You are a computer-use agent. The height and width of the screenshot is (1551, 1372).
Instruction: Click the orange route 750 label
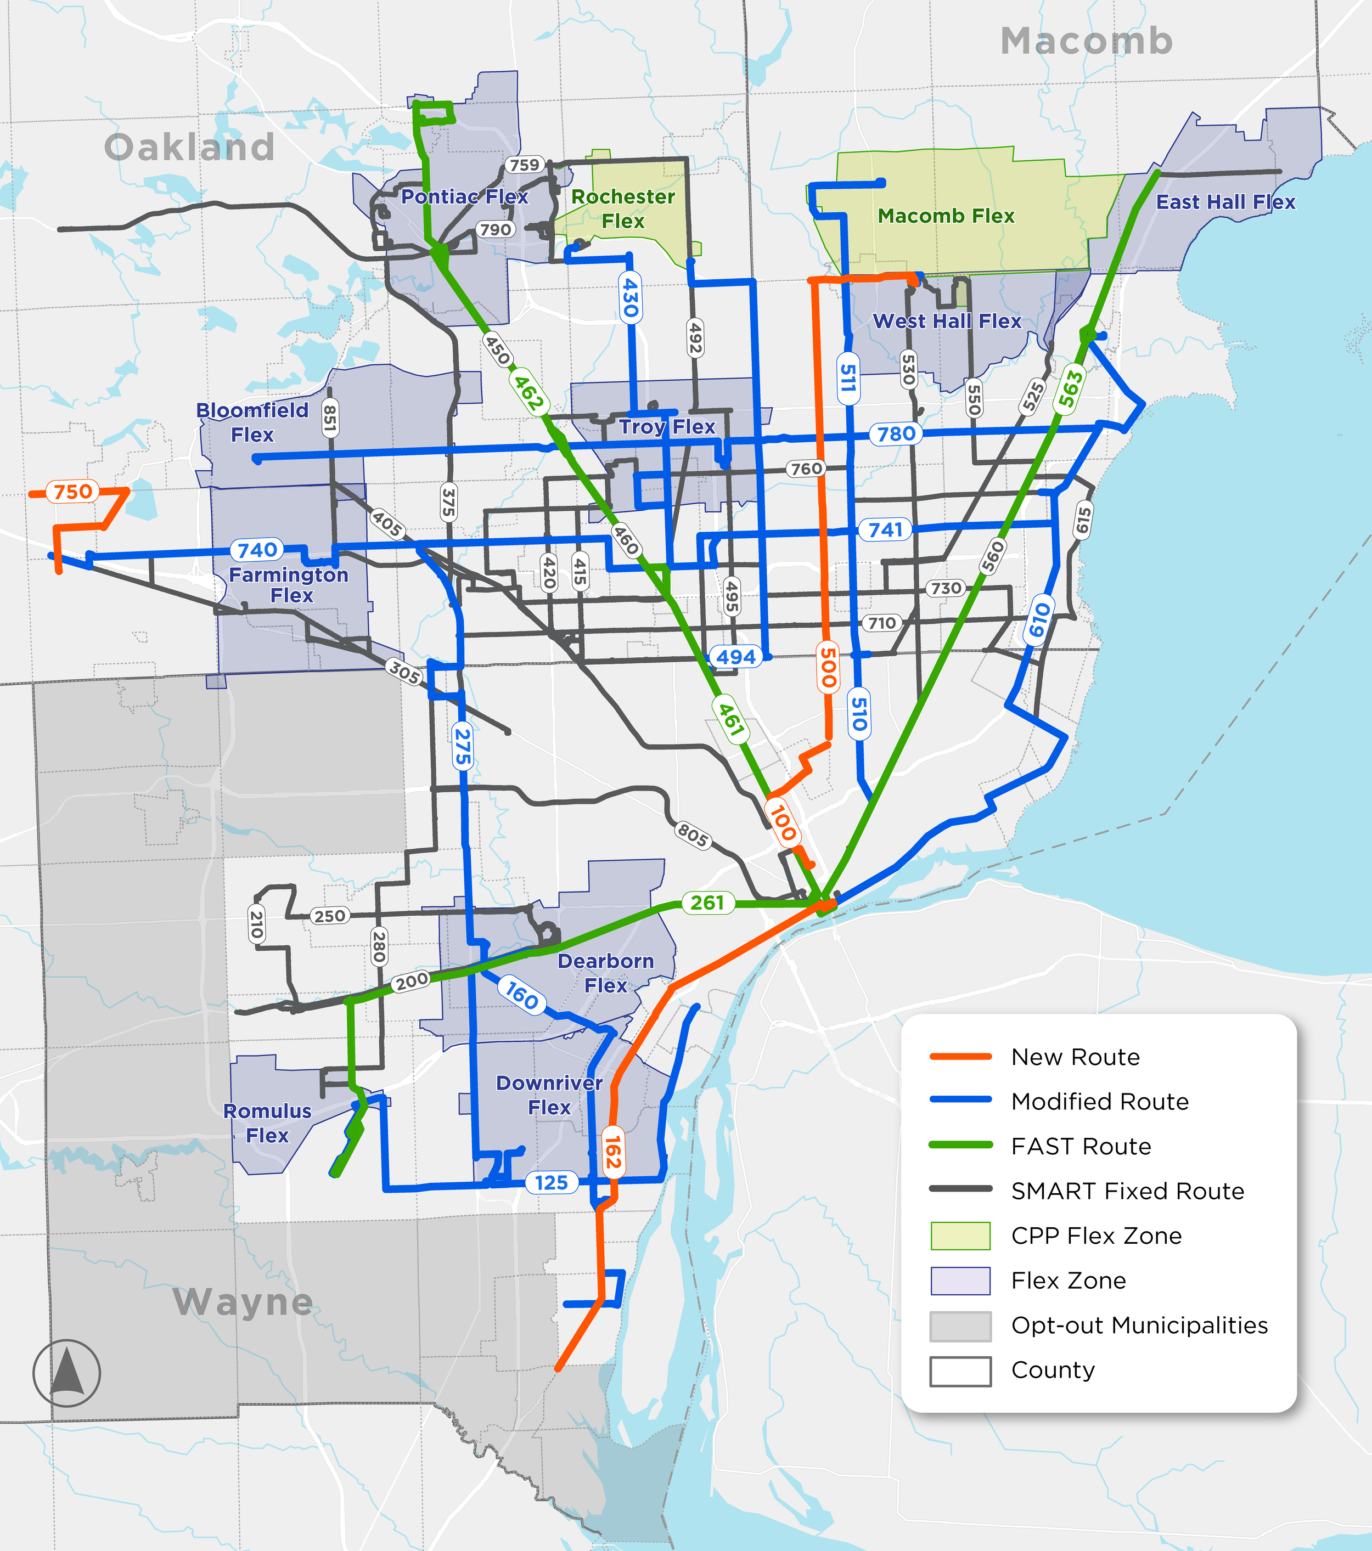pyautogui.click(x=73, y=492)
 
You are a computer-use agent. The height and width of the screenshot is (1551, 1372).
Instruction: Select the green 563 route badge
pyautogui.click(x=1070, y=388)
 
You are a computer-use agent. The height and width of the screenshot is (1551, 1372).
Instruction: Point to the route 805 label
pyautogui.click(x=692, y=834)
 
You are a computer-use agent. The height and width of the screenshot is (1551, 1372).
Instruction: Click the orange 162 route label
pyautogui.click(x=612, y=1153)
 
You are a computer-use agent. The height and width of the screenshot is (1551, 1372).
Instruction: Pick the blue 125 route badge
pyautogui.click(x=551, y=1182)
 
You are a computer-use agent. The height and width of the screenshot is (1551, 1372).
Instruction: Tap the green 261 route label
pyautogui.click(x=707, y=902)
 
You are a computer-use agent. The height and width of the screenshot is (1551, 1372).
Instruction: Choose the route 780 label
pyautogui.click(x=896, y=434)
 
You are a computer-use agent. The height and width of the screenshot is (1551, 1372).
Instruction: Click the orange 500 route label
pyautogui.click(x=828, y=667)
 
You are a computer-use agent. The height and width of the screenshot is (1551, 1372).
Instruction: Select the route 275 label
pyautogui.click(x=462, y=747)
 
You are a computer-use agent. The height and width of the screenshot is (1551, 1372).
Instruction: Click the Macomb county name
pyautogui.click(x=1086, y=41)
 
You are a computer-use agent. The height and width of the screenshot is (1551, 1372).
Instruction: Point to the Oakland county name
pyautogui.click(x=189, y=147)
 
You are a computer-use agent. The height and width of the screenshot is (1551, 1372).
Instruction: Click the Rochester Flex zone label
pyautogui.click(x=623, y=208)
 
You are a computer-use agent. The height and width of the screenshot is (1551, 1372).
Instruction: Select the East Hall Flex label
pyautogui.click(x=1225, y=202)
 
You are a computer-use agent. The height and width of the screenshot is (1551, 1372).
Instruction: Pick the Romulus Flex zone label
pyautogui.click(x=267, y=1123)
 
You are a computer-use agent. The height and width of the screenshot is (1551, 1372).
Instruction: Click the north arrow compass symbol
pyautogui.click(x=67, y=1373)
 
